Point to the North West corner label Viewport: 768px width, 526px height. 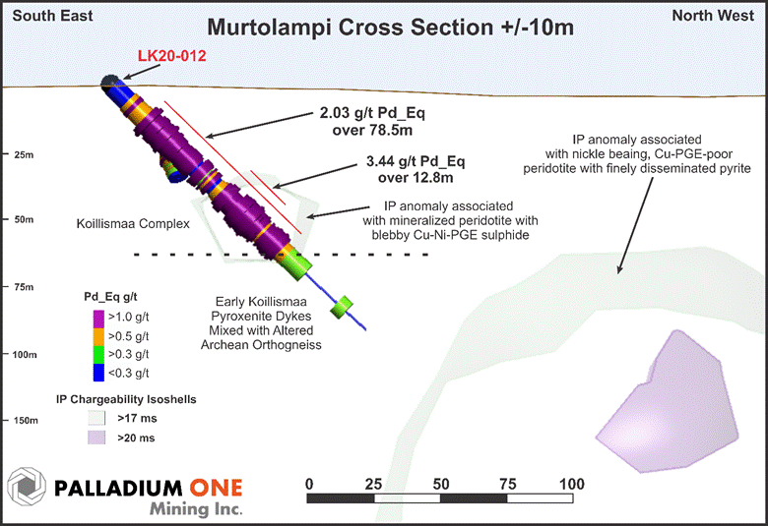726,15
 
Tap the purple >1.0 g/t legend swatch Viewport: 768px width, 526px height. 99,317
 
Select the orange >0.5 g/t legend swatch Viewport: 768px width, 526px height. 99,335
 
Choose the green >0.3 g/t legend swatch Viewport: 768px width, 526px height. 99,354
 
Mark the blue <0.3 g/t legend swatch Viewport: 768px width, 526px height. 99,373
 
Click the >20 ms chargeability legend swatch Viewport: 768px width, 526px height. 96,438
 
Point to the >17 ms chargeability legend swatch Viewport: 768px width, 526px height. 96,417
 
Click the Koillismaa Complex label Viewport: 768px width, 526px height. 132,224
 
